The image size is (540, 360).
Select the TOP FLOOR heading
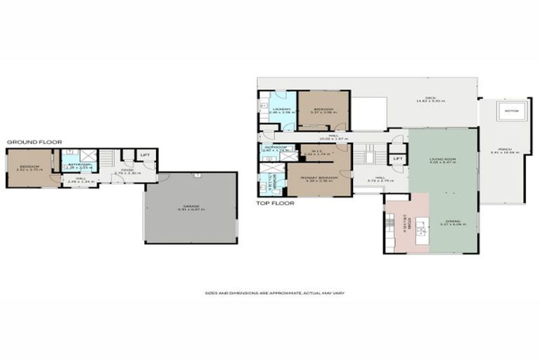(276, 202)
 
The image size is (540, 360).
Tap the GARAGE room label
(191, 206)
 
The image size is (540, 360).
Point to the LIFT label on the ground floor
(146, 155)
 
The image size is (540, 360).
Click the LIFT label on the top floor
(397, 159)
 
